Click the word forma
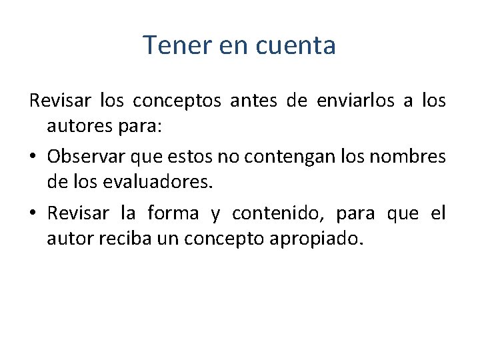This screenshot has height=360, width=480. [x=173, y=213]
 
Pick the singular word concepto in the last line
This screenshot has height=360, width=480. [x=232, y=238]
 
